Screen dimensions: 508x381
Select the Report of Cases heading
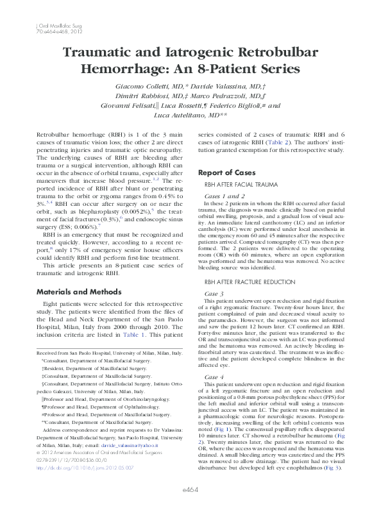(x=227, y=173)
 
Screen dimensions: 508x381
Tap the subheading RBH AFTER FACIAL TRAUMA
(x=241, y=185)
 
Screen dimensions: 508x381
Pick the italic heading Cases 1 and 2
(x=224, y=196)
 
